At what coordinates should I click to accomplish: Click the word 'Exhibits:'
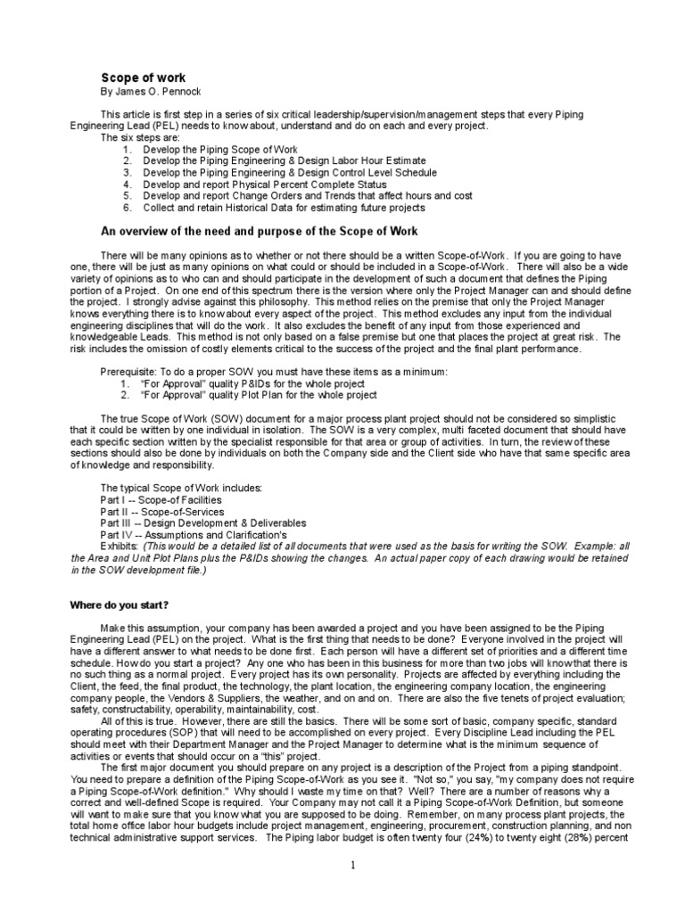click(x=120, y=547)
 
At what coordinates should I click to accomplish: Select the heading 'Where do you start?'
click(x=120, y=605)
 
